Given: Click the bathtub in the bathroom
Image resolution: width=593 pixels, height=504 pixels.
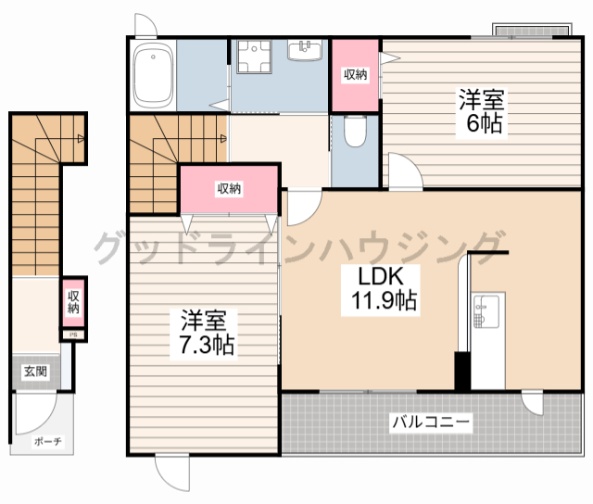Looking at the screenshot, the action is pos(153,76).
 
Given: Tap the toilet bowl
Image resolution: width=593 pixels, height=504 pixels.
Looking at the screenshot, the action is pos(355,131).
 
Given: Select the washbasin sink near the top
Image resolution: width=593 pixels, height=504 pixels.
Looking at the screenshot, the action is pos(305,50).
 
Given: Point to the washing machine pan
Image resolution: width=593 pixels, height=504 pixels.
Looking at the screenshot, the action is pos(254,57).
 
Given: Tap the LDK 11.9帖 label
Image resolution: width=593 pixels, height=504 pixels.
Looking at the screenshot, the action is pos(381,290).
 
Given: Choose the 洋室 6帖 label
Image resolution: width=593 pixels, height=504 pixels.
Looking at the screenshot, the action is pos(482,111).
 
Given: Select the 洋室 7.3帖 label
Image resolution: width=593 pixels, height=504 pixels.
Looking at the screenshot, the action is pos(204,333).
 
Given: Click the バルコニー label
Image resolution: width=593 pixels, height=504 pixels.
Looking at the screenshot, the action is pos(431,422).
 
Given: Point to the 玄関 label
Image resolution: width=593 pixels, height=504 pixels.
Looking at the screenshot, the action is pos(35,372).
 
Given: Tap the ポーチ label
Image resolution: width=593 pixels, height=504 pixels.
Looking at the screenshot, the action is pos(47,441).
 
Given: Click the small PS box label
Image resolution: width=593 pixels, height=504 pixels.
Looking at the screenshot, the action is pos(74,334).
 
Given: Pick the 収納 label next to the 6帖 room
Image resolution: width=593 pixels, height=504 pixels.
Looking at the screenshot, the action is pos(356,74).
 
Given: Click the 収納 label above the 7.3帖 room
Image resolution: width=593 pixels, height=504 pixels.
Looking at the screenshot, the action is pos(229,188).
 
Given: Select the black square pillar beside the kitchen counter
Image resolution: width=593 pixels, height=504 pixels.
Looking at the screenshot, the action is pos(462,371).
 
